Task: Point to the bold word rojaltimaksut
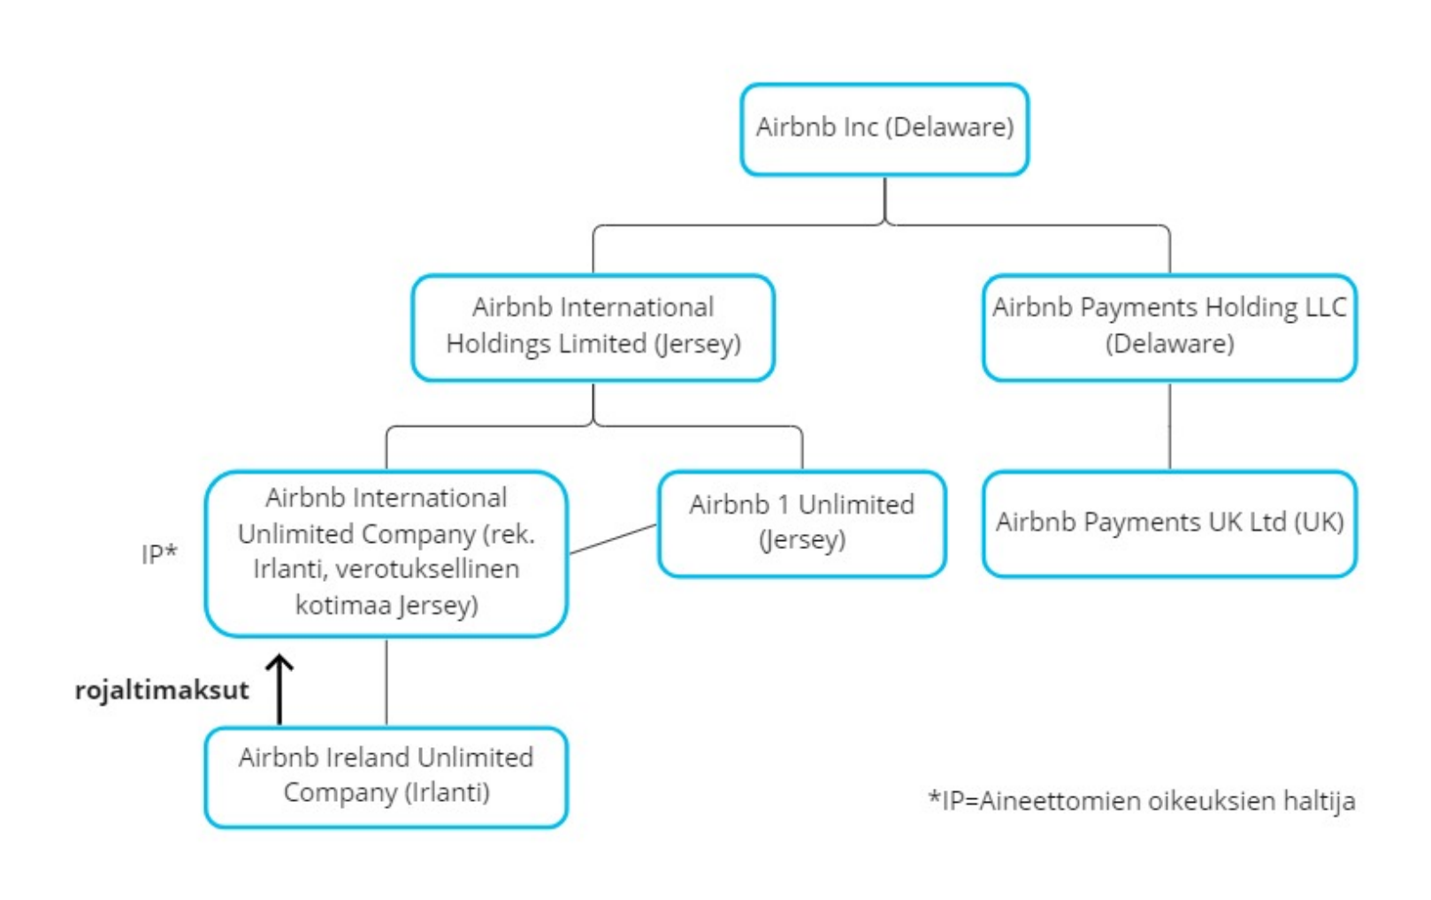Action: click(x=162, y=690)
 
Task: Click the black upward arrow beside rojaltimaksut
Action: click(x=279, y=690)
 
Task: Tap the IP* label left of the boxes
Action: click(x=159, y=553)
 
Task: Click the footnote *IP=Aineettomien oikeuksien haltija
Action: click(x=1142, y=801)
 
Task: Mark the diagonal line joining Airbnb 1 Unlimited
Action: click(x=613, y=539)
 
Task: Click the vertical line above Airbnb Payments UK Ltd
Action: click(x=1170, y=426)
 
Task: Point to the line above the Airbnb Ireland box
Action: click(x=386, y=683)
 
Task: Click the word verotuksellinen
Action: click(x=427, y=568)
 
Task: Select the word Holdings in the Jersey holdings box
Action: click(x=496, y=344)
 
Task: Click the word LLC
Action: click(x=1326, y=308)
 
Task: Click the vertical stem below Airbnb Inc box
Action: click(x=884, y=200)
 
